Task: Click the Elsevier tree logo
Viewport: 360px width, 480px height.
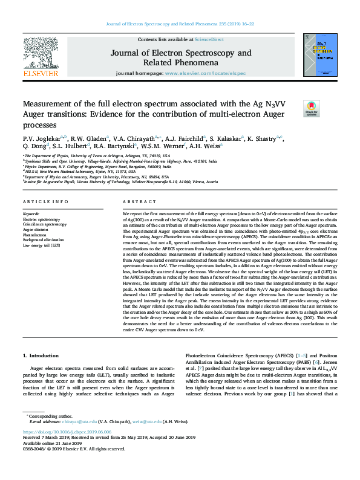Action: click(40, 57)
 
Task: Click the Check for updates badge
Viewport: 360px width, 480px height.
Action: click(311, 107)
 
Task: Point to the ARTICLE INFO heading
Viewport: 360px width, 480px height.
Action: click(42, 201)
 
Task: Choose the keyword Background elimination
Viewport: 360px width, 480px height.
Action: click(44, 241)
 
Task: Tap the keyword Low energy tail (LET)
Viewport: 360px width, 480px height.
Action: click(41, 246)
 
